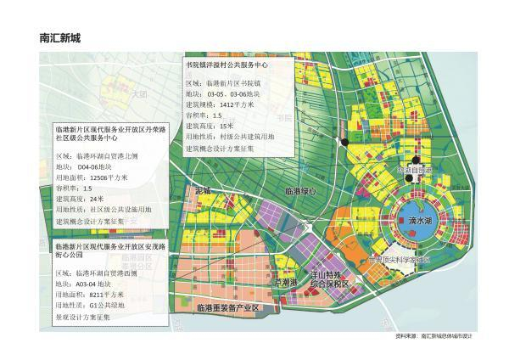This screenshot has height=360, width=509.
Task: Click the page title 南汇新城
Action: click(x=59, y=38)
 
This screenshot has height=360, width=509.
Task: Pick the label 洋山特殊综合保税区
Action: click(x=330, y=280)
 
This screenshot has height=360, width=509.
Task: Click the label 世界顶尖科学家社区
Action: click(x=400, y=260)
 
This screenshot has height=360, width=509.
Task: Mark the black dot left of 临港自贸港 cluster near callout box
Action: click(x=344, y=140)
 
